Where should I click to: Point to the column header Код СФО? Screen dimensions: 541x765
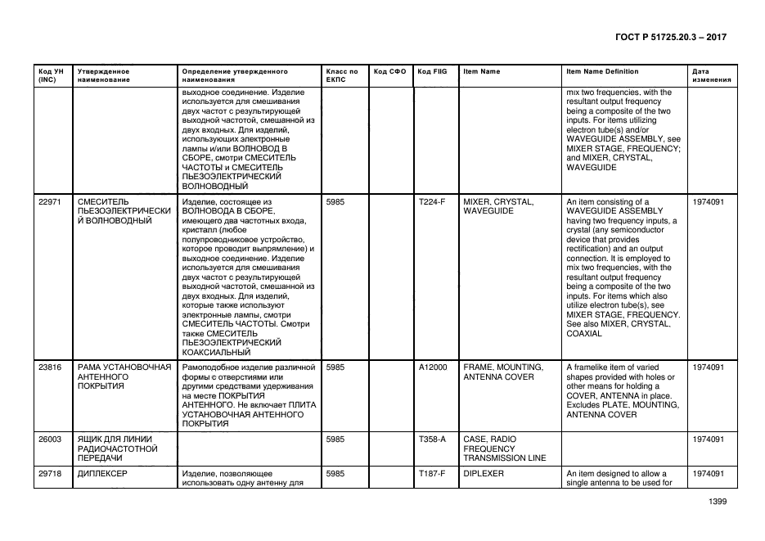tap(389, 71)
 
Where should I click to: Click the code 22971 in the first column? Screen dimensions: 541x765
tap(50, 201)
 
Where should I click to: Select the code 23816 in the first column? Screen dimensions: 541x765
tap(50, 367)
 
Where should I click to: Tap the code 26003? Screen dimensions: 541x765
tap(50, 439)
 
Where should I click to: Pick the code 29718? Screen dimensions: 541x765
tap(50, 474)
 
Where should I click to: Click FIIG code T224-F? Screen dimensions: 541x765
tap(431, 201)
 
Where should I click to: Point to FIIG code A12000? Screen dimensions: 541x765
tap(432, 367)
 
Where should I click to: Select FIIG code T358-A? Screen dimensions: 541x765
tap(431, 439)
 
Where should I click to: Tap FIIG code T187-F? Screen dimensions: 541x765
tap(431, 474)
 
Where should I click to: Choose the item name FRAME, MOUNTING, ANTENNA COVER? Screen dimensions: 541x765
tap(498, 372)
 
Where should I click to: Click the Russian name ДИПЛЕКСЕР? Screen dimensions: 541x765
tap(103, 474)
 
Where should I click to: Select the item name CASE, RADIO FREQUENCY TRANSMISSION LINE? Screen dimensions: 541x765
tap(504, 449)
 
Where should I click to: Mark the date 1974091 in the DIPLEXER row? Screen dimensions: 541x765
tap(708, 474)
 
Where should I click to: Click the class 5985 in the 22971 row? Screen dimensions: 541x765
tap(335, 201)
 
